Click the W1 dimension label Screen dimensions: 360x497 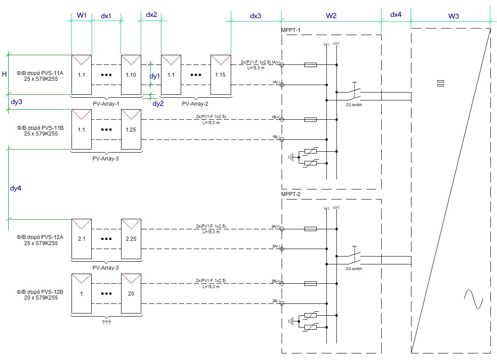(82, 16)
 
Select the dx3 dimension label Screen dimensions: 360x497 (255, 16)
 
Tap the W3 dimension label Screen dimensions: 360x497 (454, 16)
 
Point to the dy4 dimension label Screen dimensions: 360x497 (15, 188)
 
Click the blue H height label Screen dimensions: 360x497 (4, 74)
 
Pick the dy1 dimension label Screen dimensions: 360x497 (155, 76)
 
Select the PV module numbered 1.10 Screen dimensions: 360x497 (131, 74)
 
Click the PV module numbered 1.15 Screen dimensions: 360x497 (220, 74)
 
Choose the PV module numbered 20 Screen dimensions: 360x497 (131, 293)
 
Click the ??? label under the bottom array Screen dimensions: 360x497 (106, 322)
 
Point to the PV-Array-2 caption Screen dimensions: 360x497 (195, 103)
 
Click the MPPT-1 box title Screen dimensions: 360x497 (290, 30)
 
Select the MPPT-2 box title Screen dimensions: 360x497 (290, 194)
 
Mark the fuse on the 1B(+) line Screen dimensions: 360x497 (311, 119)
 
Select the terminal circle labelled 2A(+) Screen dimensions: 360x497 (282, 229)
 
